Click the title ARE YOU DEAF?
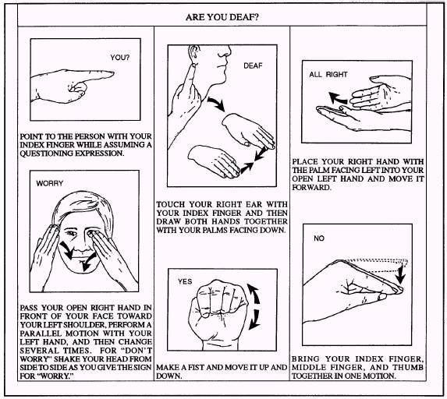pos(222,17)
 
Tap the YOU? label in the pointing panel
pos(119,58)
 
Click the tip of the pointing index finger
pos(113,73)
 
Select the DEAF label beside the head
pos(253,65)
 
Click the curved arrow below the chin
pos(216,104)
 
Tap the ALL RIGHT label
pos(328,75)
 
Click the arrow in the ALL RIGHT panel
pos(337,98)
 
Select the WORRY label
pos(50,183)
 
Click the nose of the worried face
pos(82,245)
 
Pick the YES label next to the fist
pos(185,281)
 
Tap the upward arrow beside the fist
pos(254,295)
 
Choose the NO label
pos(319,238)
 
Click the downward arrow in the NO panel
pos(400,274)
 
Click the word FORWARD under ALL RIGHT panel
pos(311,187)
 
